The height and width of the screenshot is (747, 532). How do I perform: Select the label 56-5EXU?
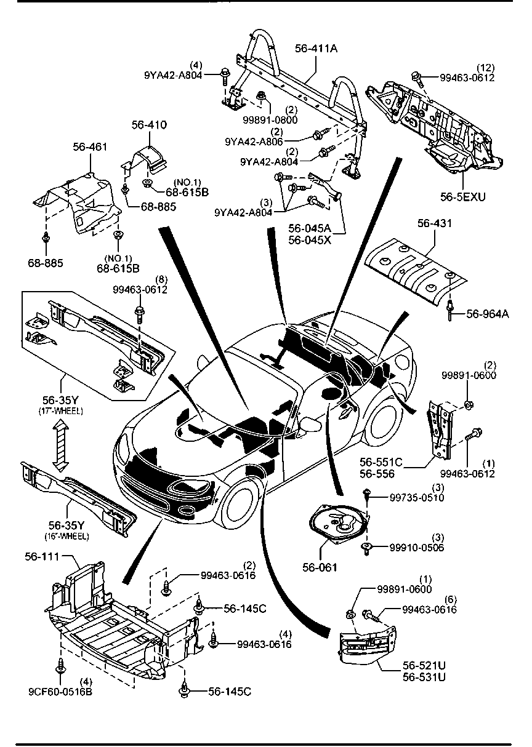463,197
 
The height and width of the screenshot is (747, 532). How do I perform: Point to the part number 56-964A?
488,314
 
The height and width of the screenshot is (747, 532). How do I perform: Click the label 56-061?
320,567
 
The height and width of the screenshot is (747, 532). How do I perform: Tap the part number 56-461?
90,147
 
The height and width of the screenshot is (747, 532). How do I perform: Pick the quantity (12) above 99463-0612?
485,68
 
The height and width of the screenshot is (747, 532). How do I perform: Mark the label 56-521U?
424,666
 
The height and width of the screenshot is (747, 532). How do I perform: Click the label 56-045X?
310,240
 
